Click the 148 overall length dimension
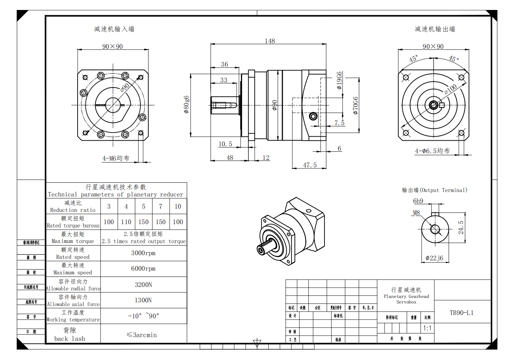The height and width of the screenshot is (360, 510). (270, 41)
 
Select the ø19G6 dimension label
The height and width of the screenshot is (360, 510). (339, 80)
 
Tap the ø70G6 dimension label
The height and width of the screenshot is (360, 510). (356, 106)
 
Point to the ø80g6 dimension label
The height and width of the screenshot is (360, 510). (187, 104)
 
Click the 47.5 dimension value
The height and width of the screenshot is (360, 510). (310, 165)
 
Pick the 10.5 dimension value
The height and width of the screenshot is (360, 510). (225, 144)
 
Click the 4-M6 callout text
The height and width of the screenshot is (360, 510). (116, 158)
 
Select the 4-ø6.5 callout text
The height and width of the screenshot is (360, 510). (432, 151)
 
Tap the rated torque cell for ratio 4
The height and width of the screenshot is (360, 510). (126, 222)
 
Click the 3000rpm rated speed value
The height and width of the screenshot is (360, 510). (143, 253)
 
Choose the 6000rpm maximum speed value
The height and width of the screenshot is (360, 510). (143, 268)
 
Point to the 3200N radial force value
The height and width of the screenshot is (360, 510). (143, 285)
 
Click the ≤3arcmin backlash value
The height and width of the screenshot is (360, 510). (142, 335)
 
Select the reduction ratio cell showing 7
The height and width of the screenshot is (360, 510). (160, 206)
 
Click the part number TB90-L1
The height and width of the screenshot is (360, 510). (461, 313)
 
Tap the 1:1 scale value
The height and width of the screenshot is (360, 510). (427, 328)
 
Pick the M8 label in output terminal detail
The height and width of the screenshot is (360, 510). (416, 213)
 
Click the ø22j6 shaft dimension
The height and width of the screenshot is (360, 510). (434, 258)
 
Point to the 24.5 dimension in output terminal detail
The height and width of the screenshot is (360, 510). (461, 227)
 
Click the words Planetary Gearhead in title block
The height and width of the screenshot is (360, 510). (406, 296)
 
